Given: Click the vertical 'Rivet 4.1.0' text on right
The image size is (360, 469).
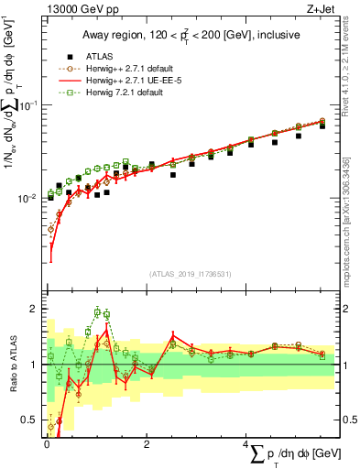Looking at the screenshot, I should point(345,73).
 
